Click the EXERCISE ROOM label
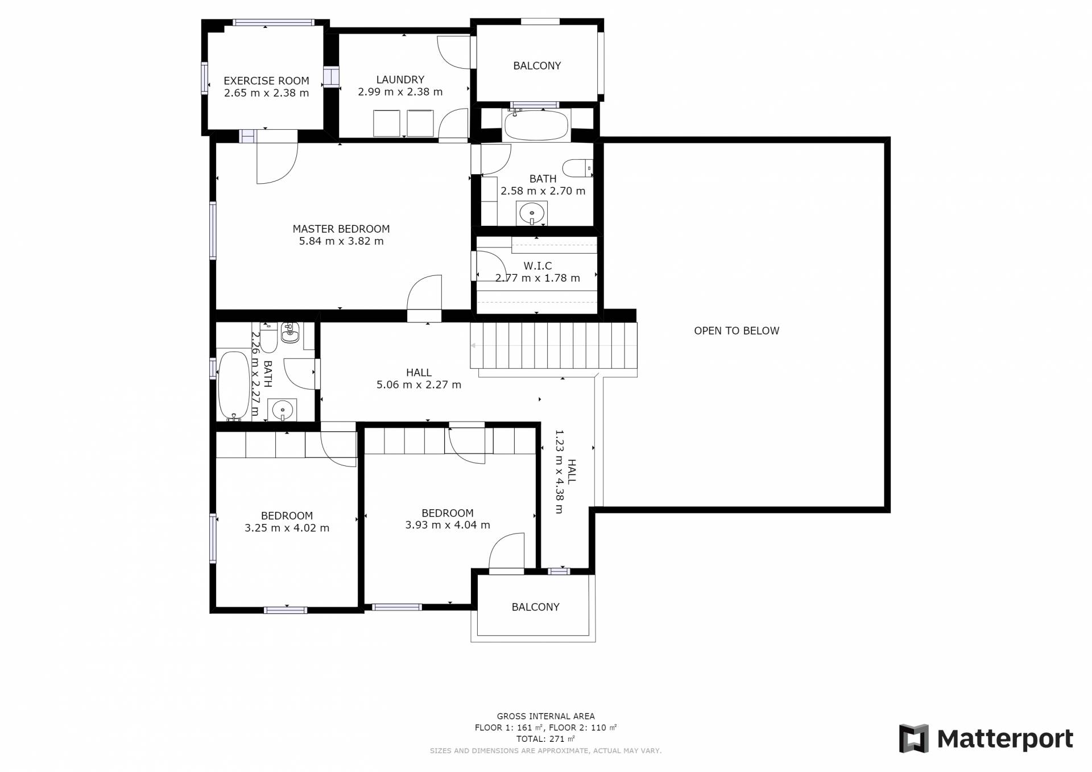(x=266, y=81)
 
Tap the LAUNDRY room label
(x=400, y=80)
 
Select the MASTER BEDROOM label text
(x=341, y=229)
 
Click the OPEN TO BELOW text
(x=737, y=331)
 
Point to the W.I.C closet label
(x=537, y=266)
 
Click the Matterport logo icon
(x=913, y=738)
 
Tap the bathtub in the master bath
(x=536, y=126)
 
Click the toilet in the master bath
(x=578, y=168)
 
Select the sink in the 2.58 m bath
(x=532, y=213)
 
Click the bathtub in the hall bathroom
(x=234, y=385)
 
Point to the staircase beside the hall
(x=553, y=345)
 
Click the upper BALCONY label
(x=537, y=65)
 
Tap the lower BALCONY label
(x=535, y=607)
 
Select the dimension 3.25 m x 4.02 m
(x=287, y=528)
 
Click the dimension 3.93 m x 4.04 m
(x=448, y=525)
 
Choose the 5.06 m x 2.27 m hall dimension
(x=419, y=385)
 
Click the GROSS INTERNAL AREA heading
(x=546, y=716)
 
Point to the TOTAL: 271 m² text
(x=546, y=739)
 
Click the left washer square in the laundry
(x=386, y=123)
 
